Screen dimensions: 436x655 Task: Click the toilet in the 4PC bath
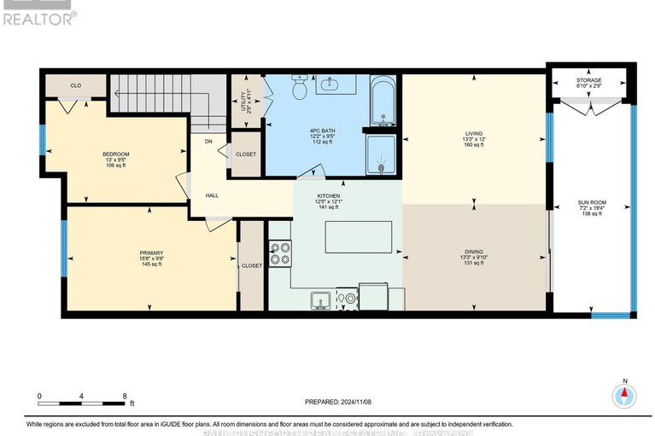300,87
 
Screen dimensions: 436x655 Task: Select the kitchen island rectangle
364,235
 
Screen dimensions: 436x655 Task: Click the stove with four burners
279,253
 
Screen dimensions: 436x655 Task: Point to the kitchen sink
321,299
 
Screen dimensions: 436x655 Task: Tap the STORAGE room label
589,80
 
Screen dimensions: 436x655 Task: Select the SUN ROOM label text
590,204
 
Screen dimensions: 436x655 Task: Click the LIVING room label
473,134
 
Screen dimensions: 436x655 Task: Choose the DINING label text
473,252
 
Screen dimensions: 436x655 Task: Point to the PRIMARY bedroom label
150,253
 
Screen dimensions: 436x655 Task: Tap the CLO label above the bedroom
75,85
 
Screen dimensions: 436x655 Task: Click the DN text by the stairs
208,142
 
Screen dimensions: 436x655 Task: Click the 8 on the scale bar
125,396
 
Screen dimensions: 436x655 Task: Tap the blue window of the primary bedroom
63,248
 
